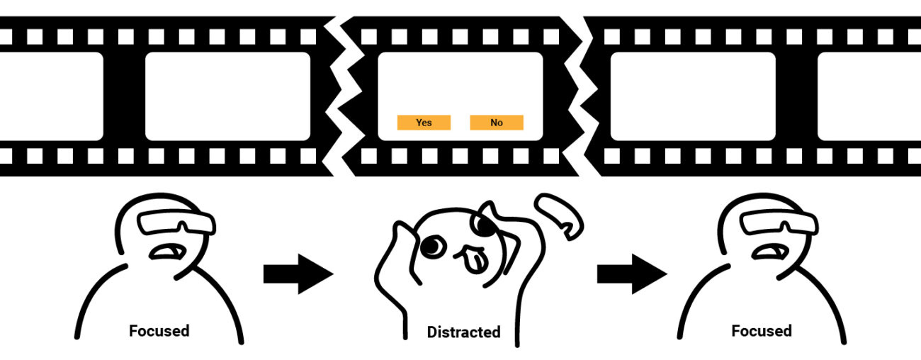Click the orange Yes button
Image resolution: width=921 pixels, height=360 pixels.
[424, 123]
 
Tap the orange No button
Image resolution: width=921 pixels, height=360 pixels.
[497, 123]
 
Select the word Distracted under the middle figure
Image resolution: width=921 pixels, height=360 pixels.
[464, 332]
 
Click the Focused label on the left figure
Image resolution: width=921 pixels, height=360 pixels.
[159, 331]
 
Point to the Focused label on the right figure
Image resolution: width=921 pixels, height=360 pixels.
[762, 331]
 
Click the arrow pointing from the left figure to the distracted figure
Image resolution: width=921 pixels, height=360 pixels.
[298, 274]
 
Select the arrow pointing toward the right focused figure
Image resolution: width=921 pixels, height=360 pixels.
[632, 274]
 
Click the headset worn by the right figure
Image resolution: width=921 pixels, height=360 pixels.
[779, 222]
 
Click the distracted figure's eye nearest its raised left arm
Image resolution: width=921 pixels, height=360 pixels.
[432, 246]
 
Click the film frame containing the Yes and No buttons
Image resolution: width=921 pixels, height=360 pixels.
[460, 96]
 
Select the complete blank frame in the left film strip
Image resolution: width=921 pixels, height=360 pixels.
[228, 96]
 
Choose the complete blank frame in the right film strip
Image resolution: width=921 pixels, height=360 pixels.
[693, 96]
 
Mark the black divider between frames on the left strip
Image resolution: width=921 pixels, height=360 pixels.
[124, 96]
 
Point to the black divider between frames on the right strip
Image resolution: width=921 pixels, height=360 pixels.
[797, 96]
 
